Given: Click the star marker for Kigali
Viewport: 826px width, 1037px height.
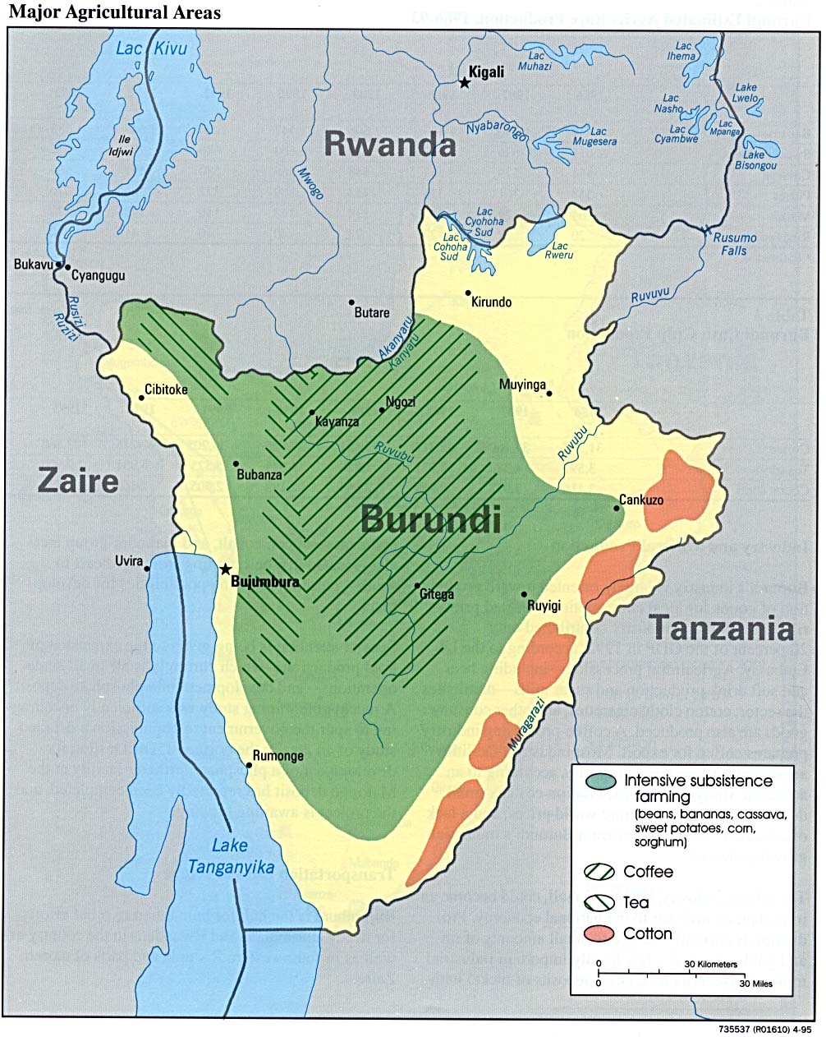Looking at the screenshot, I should point(465,82).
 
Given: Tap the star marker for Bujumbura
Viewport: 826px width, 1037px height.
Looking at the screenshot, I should point(225,569).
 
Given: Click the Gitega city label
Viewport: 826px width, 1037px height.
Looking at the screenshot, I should point(436,594).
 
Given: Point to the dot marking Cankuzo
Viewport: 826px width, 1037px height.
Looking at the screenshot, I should point(617,509).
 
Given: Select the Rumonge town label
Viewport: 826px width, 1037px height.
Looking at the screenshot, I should point(278,756).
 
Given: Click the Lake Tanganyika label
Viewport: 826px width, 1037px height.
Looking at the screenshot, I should point(231,856).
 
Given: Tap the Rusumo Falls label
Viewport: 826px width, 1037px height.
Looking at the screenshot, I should point(734,244).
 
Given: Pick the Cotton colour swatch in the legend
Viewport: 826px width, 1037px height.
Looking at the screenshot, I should point(600,933).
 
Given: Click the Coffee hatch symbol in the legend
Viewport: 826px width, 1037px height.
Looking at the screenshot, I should point(600,872).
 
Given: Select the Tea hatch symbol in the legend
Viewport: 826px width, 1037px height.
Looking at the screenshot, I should point(600,902).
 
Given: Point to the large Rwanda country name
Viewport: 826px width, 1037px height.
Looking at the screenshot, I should point(389,144).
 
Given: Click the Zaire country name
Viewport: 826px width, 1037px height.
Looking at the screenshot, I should point(78,481).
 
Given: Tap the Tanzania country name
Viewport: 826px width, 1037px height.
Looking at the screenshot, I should point(722,629).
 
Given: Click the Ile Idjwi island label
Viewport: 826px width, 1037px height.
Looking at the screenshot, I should point(125,145).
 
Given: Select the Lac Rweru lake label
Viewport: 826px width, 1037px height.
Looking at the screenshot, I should point(560,250).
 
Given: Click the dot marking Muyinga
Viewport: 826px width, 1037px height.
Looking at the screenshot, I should point(549,394).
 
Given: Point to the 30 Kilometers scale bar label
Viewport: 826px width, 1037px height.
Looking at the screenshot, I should point(711,964).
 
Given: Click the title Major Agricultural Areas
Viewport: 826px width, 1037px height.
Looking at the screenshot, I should point(114,12).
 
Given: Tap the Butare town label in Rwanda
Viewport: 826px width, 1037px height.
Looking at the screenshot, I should point(371,313).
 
